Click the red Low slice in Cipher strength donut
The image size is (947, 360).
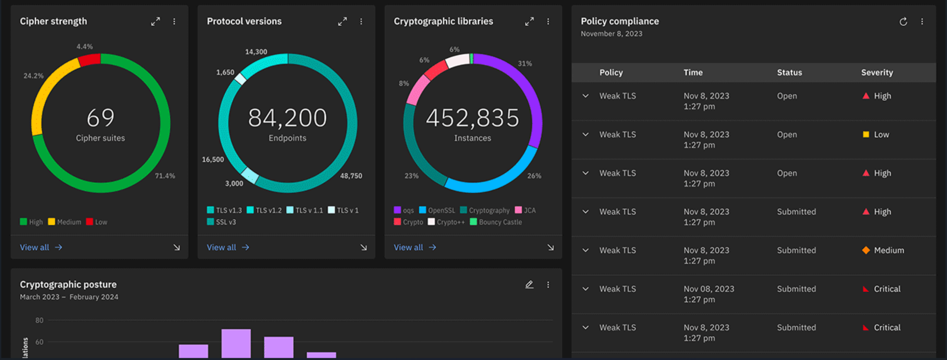[90, 60]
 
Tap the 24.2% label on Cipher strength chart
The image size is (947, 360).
[33, 76]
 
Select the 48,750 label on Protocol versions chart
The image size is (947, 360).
[351, 176]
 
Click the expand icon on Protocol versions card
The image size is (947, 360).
[342, 21]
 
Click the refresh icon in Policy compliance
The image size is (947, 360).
[903, 21]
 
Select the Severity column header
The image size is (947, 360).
[876, 72]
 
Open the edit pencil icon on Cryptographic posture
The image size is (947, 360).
[529, 284]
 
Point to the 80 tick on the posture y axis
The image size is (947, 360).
[39, 320]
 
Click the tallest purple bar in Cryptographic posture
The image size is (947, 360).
[236, 343]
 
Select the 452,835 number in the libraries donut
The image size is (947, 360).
[472, 118]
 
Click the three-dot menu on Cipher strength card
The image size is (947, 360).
[174, 21]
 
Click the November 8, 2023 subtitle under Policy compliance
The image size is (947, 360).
[611, 34]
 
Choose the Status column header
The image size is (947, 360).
[789, 72]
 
